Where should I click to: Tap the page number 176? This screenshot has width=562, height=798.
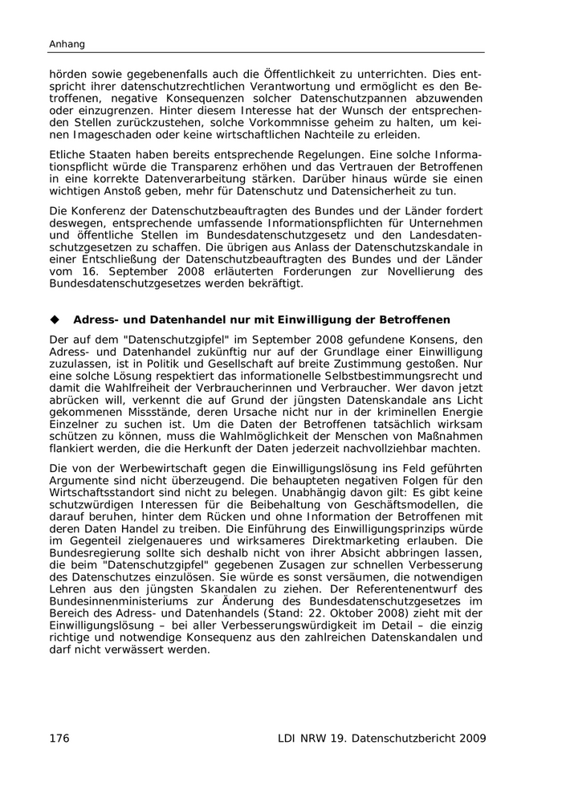[x=61, y=738]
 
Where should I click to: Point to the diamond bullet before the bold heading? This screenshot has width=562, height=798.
[x=55, y=320]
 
